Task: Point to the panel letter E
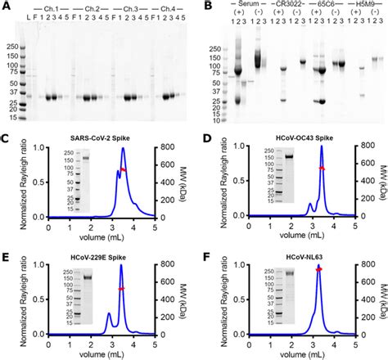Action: pos(7,253)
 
